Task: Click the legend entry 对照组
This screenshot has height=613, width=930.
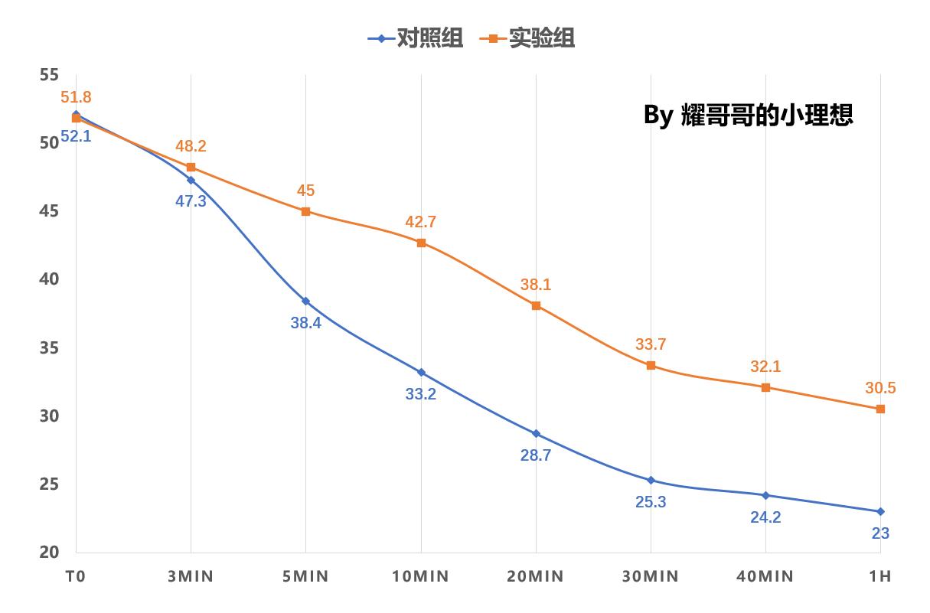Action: click(416, 38)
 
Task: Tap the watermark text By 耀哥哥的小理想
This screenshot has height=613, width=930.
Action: click(748, 115)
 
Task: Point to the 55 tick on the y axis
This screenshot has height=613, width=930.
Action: click(49, 75)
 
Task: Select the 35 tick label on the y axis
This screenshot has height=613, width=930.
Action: click(49, 348)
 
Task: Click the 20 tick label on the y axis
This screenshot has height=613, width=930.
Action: click(49, 553)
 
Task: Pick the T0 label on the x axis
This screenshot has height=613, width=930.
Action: click(75, 576)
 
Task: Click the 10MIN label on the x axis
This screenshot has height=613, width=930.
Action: click(420, 576)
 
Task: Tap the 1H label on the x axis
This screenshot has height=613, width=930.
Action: click(880, 576)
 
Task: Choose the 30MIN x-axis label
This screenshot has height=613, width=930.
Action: click(650, 576)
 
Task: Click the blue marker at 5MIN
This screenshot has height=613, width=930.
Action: click(305, 301)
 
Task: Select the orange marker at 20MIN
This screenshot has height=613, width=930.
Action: click(536, 305)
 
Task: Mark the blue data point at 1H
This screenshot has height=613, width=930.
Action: click(880, 511)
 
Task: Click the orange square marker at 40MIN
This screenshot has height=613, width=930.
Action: click(765, 387)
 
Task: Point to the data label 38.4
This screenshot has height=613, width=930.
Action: click(305, 323)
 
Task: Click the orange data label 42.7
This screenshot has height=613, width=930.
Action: click(420, 222)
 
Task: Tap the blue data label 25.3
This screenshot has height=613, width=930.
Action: click(650, 502)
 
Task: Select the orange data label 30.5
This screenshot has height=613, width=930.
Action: click(880, 388)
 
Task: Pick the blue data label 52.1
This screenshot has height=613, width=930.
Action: click(76, 137)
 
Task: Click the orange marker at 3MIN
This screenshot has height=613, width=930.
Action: click(191, 167)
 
